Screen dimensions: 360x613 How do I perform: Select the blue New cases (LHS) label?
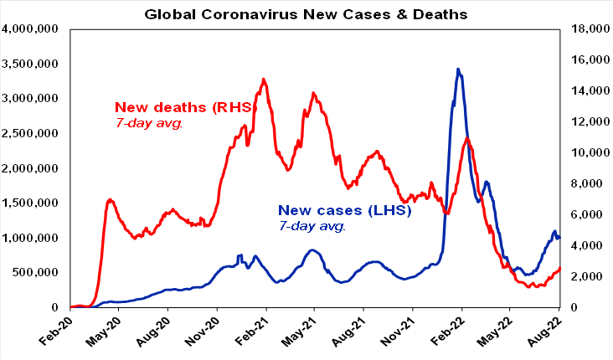tap(343, 210)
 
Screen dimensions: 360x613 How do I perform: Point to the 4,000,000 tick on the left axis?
tap(32, 29)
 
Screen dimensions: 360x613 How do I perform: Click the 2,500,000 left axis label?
tap(32, 133)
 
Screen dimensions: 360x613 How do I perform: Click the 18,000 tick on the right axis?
tap(585, 29)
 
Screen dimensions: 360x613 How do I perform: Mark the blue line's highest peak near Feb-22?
tap(457, 69)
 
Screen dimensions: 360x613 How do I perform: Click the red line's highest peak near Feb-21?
tap(263, 79)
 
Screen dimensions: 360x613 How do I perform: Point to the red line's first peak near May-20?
tap(111, 199)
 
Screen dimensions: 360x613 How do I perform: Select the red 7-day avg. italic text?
tap(148, 123)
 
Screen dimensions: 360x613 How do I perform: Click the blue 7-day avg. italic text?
tap(312, 225)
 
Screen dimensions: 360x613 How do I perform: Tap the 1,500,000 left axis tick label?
tap(32, 203)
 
